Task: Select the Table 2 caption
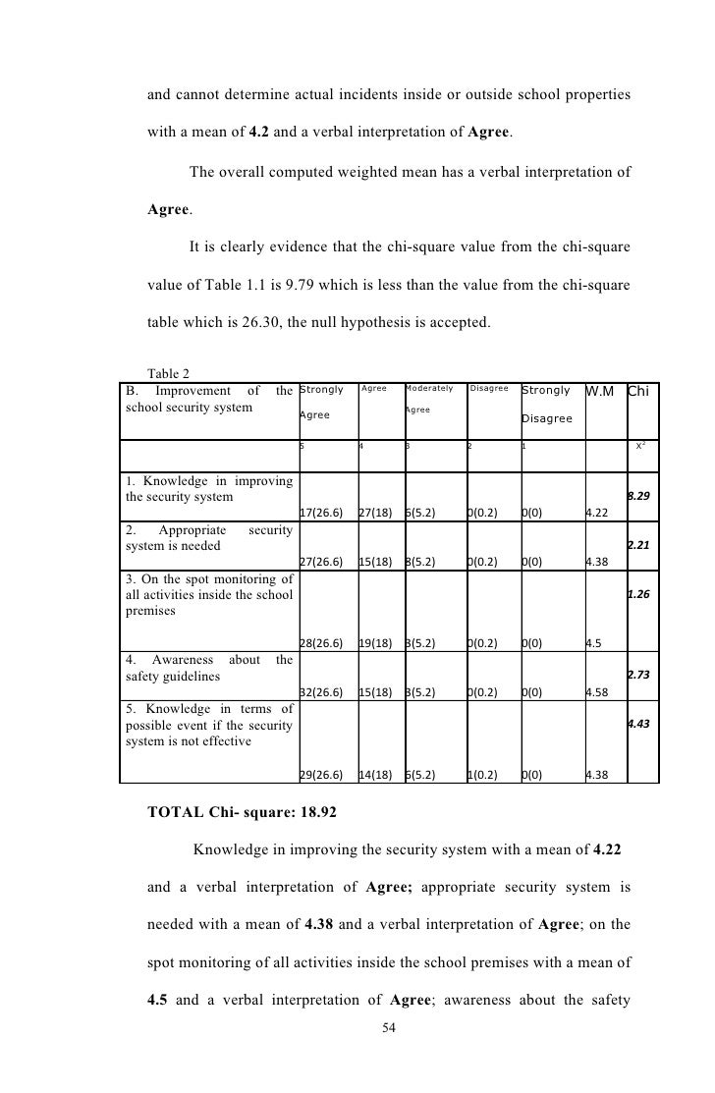coord(167,372)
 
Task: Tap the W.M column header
coord(599,392)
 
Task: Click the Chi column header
coord(639,392)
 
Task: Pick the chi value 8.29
coord(638,497)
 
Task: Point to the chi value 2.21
coord(638,543)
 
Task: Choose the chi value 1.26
coord(638,594)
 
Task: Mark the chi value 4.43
coord(638,724)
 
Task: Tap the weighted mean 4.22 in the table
coord(595,513)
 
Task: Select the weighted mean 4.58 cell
coord(595,692)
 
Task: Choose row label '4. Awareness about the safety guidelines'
coord(209,668)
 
